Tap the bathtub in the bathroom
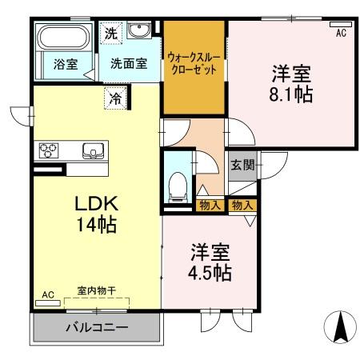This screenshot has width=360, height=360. point(65,38)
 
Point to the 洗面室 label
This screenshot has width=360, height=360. point(128,64)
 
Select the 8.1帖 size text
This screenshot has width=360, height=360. point(290,93)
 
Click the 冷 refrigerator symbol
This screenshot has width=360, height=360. point(115,99)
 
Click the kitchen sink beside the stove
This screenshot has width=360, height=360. point(93,150)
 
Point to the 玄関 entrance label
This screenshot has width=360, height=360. point(242,166)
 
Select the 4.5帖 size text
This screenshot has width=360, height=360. point(210,273)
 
